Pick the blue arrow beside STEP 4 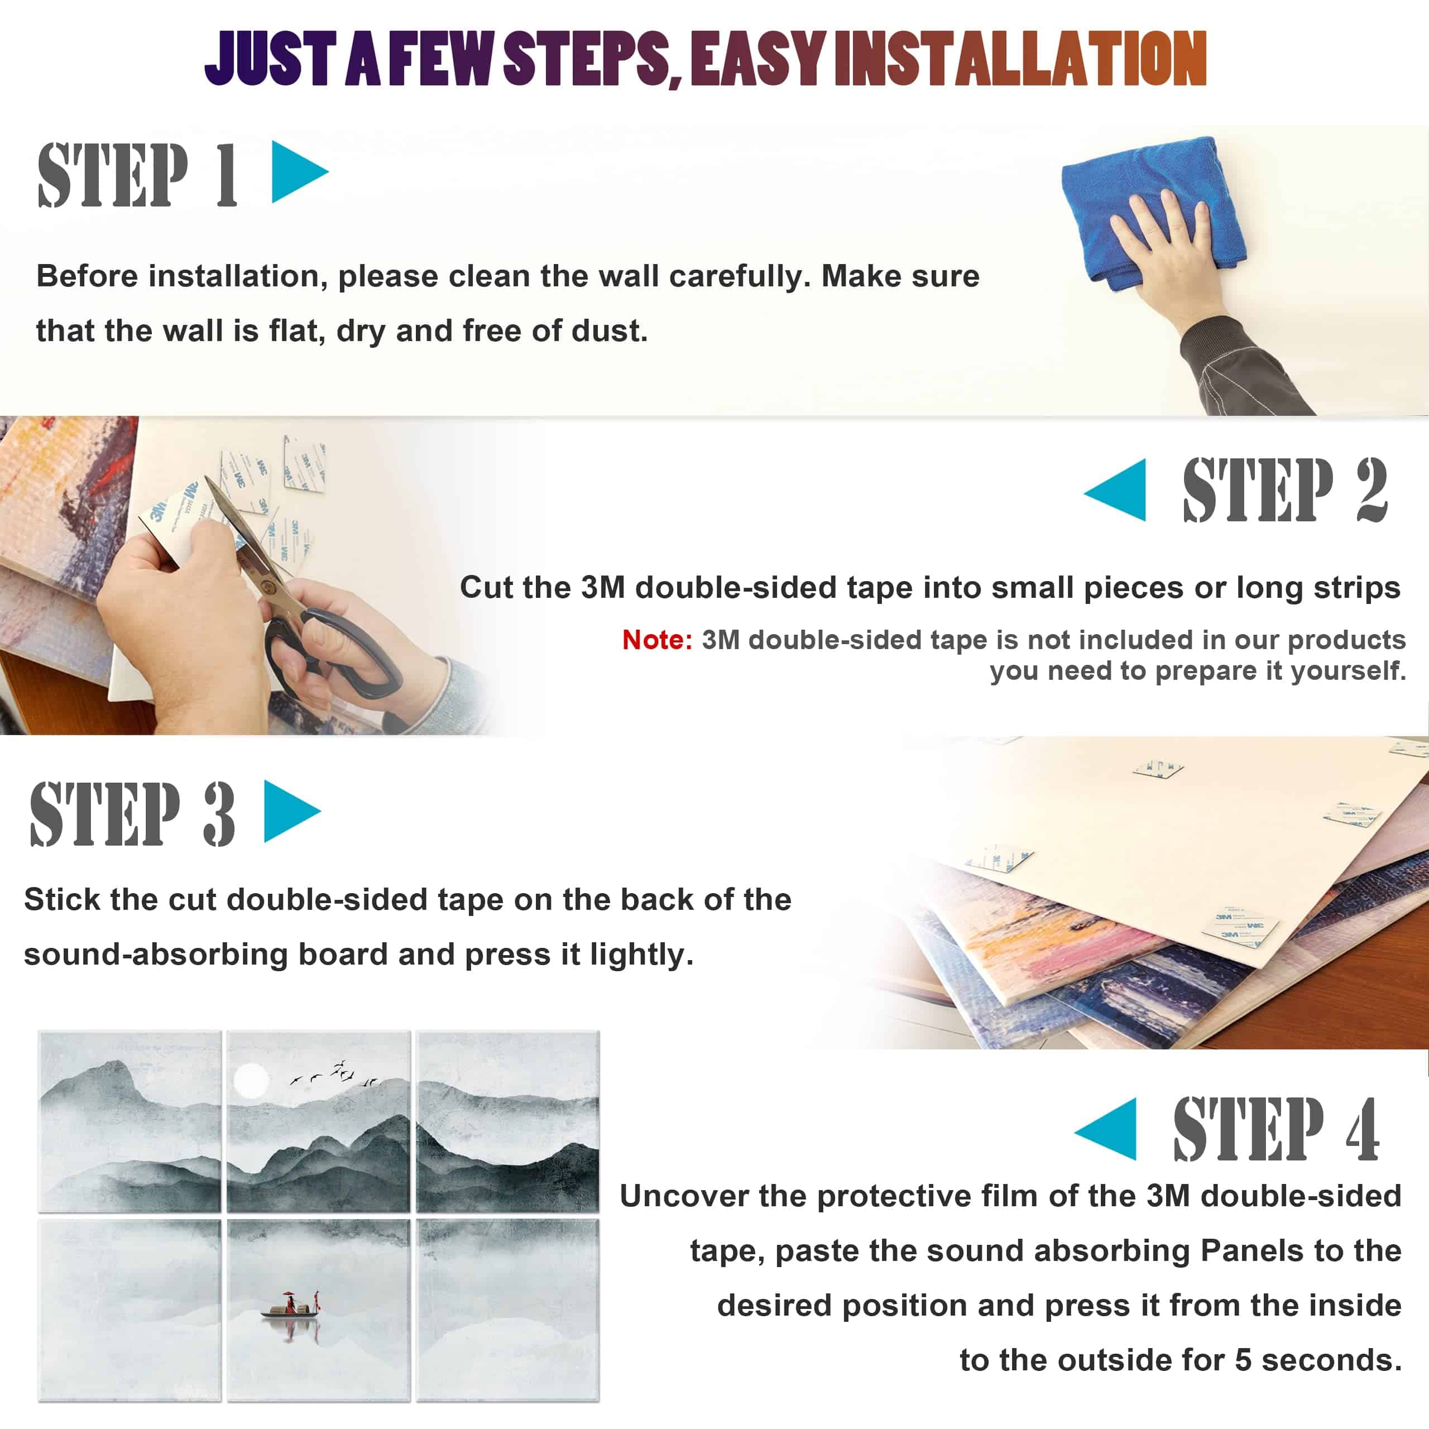pyautogui.click(x=1106, y=1129)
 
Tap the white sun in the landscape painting pyautogui.click(x=251, y=1081)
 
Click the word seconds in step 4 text pyautogui.click(x=1331, y=1361)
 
